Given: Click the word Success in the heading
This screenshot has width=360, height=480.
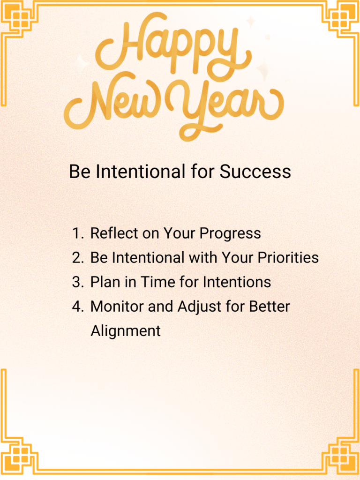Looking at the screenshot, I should point(255,172).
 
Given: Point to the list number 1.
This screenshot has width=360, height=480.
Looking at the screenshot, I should point(78,233).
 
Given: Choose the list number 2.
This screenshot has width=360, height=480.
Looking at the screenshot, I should point(77,258).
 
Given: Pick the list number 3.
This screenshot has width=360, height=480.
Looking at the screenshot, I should point(77,282).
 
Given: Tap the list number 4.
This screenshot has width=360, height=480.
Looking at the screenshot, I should point(77,307).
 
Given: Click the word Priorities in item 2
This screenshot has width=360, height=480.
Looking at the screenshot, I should point(286,258).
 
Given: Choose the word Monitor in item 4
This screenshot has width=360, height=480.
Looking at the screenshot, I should point(118,307).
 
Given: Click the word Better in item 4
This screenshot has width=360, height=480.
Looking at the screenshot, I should point(270,307).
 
